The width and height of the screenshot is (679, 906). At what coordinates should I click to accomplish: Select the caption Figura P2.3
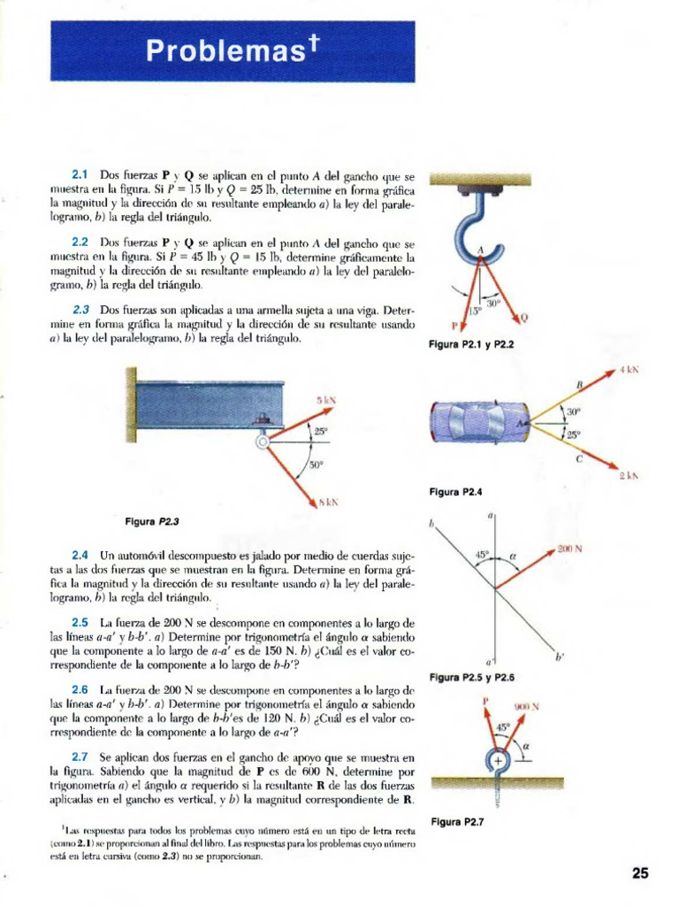[156, 521]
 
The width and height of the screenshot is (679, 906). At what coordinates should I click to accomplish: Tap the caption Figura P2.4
[455, 492]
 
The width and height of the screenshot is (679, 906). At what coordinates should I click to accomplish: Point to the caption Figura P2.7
[455, 822]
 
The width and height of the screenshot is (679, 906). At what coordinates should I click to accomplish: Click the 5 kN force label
[326, 400]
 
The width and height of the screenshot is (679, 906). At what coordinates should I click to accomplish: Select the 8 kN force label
[327, 502]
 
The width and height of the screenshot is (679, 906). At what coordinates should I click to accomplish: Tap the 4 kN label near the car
[628, 369]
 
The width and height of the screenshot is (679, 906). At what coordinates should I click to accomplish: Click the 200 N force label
[569, 549]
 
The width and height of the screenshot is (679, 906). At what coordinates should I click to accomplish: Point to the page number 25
[640, 873]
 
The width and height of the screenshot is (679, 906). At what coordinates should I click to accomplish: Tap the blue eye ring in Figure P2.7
[498, 761]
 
